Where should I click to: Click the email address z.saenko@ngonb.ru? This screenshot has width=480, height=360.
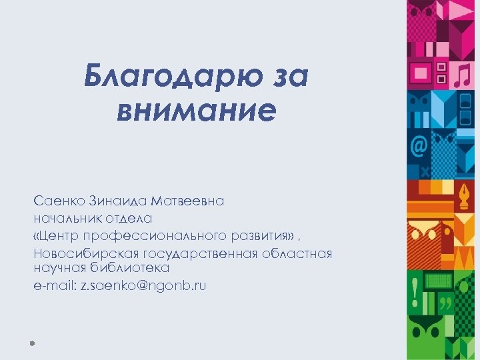point(143,285)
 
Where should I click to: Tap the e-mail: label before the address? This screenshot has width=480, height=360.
point(54,285)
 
